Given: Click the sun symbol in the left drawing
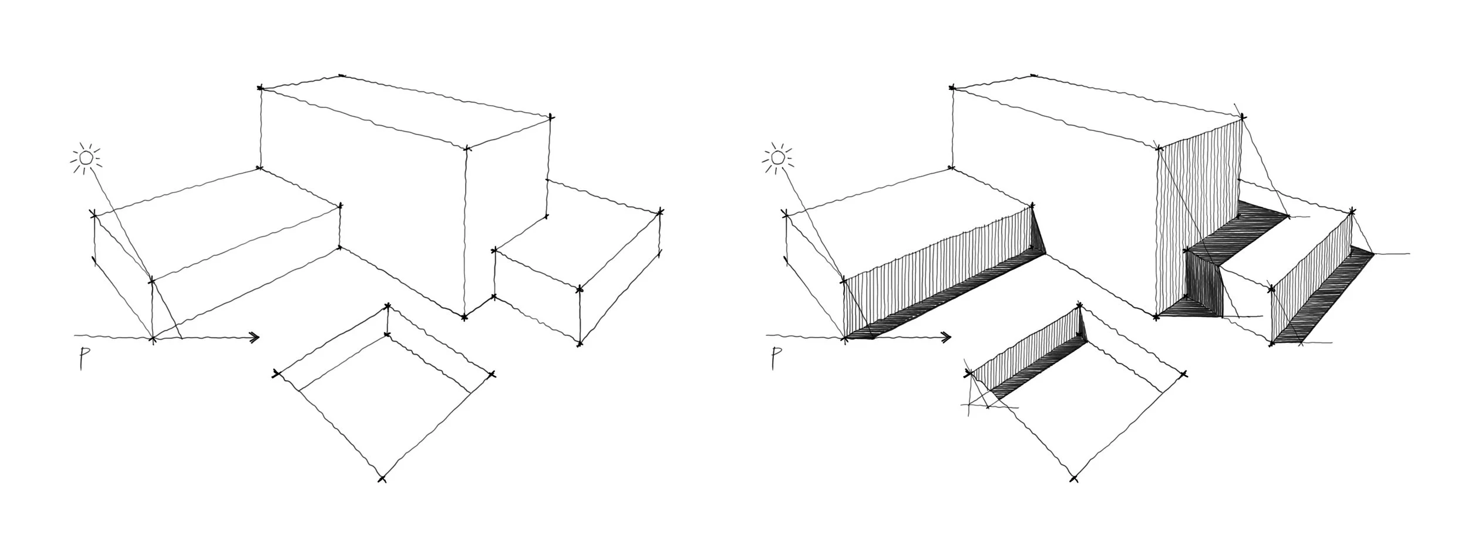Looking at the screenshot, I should (x=86, y=158).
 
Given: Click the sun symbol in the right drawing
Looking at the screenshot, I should (x=777, y=157).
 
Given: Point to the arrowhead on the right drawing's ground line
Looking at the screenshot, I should (x=946, y=337).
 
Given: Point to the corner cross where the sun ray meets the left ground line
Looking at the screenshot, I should (x=153, y=338).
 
